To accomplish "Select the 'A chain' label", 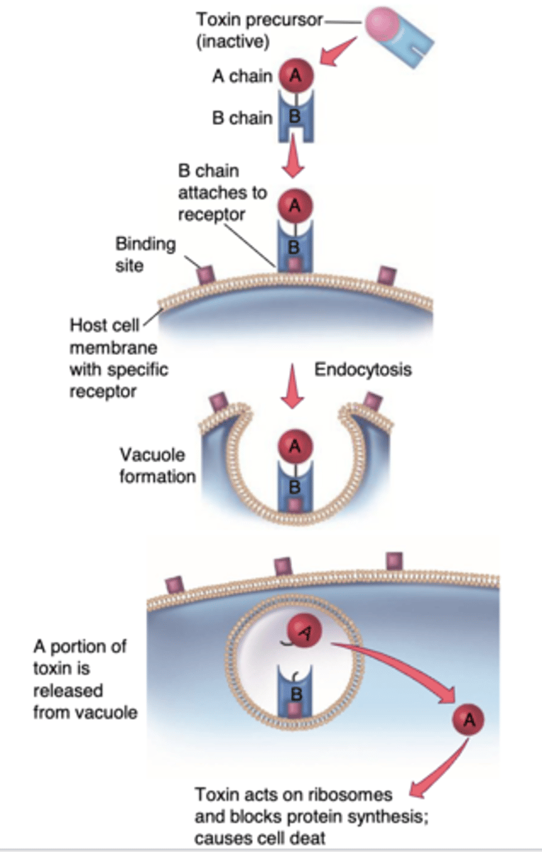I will [x=242, y=76].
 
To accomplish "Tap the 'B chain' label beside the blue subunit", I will [x=242, y=117].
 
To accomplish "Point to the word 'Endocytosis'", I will [x=363, y=370].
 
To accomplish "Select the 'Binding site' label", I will [x=146, y=255].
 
